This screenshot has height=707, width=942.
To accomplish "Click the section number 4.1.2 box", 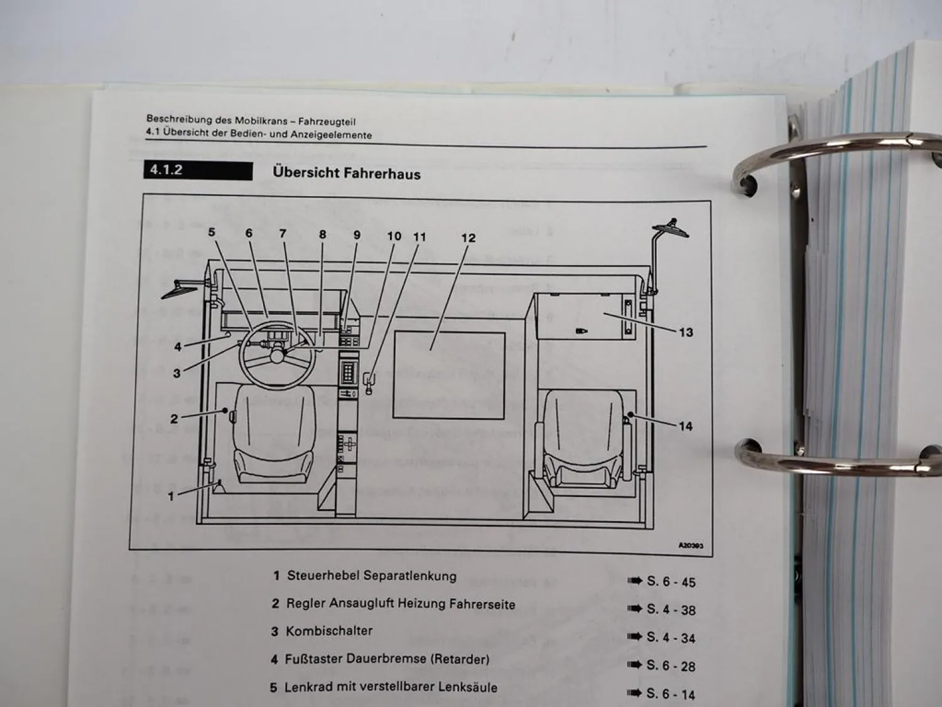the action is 198,170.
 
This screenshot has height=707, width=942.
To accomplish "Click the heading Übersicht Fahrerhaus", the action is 347,173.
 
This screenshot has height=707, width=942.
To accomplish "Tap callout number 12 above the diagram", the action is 468,238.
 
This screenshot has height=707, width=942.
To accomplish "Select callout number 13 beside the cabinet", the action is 686,332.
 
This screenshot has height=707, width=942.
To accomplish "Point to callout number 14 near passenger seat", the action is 685,426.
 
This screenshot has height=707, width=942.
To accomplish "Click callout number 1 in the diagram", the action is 171,496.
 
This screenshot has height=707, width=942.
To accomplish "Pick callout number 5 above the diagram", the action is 212,233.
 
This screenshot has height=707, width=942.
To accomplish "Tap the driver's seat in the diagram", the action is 274,434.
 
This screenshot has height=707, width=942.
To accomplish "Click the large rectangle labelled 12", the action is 449,375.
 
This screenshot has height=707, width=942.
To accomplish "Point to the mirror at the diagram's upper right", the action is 670,228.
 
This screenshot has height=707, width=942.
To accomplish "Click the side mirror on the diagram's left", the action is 180,289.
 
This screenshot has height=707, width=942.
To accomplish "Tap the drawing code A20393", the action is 691,545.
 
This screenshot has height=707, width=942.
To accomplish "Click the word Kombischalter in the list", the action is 329,631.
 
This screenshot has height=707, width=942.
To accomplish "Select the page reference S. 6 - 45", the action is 671,582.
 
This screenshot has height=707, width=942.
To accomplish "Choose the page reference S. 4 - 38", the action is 671,610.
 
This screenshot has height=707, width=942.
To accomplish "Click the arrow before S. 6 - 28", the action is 634,664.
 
